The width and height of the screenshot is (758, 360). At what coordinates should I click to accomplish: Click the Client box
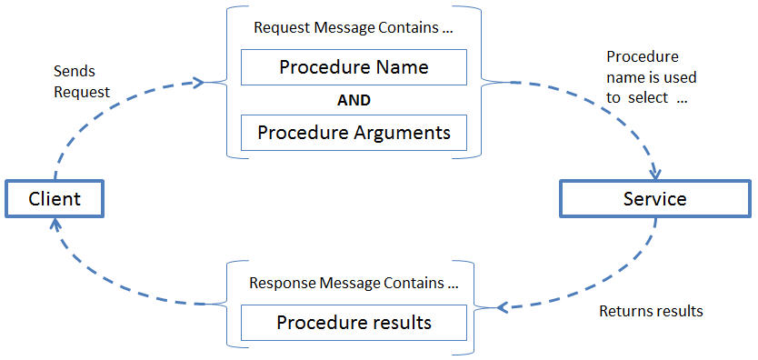click(x=55, y=198)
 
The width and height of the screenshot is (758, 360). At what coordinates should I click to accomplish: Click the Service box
click(x=654, y=198)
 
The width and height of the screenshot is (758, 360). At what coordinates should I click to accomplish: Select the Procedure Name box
click(x=354, y=67)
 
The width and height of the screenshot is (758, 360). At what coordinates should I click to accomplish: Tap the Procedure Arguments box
click(x=354, y=133)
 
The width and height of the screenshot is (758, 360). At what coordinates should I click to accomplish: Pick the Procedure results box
click(x=354, y=323)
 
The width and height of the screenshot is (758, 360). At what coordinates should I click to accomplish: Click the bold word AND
click(x=354, y=100)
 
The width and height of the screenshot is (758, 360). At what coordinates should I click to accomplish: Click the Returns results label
click(x=651, y=311)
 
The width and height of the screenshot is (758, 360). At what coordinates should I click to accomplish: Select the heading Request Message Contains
click(x=354, y=27)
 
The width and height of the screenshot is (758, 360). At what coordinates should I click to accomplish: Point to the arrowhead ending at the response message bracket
click(x=502, y=305)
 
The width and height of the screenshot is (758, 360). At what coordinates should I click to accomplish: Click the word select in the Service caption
click(x=647, y=97)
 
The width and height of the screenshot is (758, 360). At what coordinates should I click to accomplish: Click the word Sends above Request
click(x=75, y=71)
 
